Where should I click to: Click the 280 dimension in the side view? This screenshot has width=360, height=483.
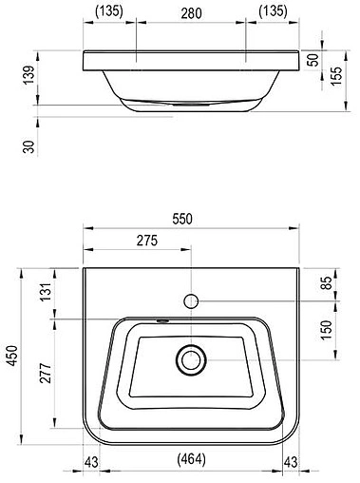(193, 12)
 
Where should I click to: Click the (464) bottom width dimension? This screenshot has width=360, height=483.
(192, 462)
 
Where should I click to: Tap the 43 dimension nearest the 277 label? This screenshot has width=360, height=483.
(90, 462)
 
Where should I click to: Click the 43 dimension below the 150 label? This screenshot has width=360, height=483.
(294, 462)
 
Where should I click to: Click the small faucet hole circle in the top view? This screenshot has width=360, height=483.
(192, 300)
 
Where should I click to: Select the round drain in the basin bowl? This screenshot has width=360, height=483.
(192, 359)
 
